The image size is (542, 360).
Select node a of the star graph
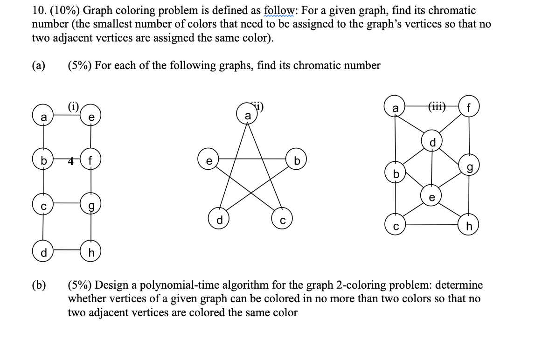247,114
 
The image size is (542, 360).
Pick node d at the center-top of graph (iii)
432,142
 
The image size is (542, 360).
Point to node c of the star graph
283,220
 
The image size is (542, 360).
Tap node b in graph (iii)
396,174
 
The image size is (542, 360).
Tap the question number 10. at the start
39,11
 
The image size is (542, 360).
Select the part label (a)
39,66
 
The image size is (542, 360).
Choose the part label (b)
39,285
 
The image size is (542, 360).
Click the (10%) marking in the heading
65,11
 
